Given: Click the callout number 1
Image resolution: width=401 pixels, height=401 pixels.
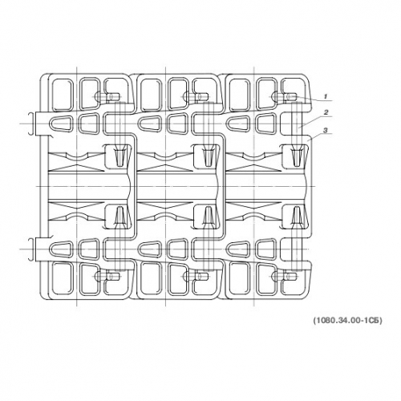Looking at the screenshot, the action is point(326,96).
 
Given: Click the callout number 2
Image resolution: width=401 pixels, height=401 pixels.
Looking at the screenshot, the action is point(326,112).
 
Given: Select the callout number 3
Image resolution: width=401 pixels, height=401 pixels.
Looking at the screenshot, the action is point(326,130).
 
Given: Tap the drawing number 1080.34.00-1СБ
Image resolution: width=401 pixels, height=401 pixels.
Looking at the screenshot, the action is point(347,320).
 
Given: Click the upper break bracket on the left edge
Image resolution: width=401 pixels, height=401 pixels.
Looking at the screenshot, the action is point(31,124).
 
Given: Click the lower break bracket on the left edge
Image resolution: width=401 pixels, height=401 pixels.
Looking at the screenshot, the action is point(31,249).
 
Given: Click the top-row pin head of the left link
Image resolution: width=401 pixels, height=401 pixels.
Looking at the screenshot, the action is point(107,96).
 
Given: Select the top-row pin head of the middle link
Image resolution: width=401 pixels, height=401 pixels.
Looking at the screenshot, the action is point(196,96).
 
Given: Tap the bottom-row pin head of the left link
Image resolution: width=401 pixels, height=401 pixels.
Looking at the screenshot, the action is point(107,276).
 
